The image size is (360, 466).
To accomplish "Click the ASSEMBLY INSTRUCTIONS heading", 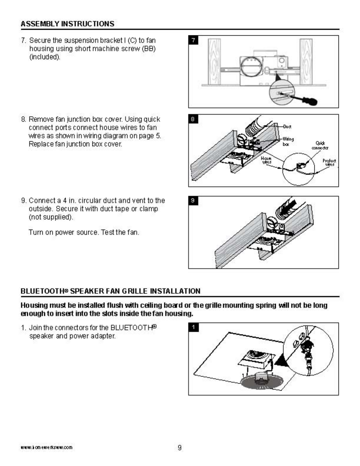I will (x=67, y=24).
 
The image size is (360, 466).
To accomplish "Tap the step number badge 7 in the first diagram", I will (x=193, y=40).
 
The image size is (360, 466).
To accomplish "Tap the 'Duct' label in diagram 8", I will (x=287, y=127).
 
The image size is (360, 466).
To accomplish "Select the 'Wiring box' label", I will (x=288, y=142).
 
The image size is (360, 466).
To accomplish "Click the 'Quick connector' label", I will (x=320, y=146).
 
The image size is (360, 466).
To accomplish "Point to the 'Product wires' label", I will (x=329, y=162).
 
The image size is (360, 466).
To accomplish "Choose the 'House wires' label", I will (x=266, y=160).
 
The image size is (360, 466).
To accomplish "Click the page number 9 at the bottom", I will (x=180, y=447).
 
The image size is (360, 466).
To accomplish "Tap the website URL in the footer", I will (x=46, y=447).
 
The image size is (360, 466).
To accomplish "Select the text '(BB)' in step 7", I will (x=149, y=49).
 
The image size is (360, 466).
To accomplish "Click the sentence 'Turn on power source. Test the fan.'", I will (x=84, y=232).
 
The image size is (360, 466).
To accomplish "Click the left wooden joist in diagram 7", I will (x=214, y=61).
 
